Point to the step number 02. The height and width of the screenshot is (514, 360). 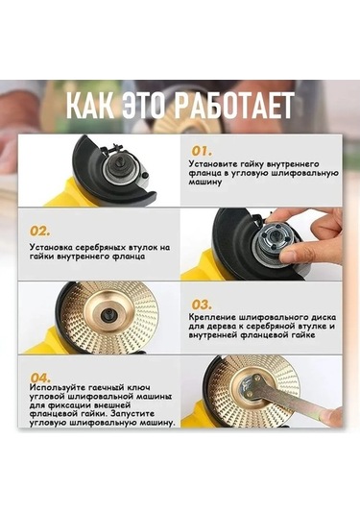click(x=39, y=231)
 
